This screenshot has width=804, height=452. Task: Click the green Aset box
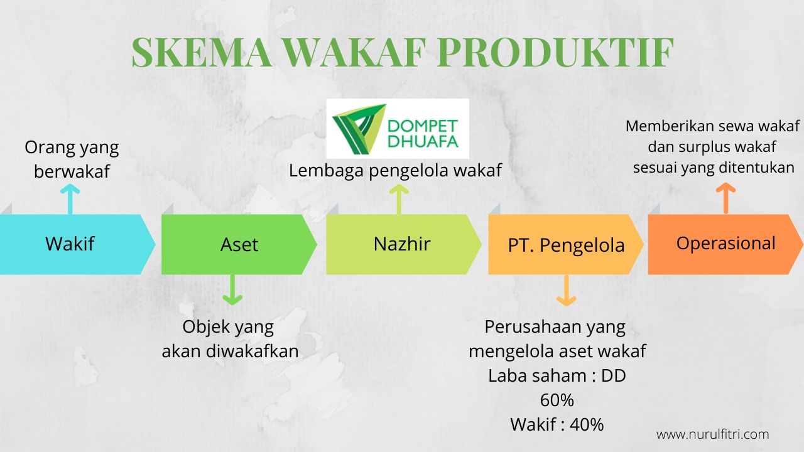tap(239, 244)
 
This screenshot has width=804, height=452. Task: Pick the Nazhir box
tap(402, 244)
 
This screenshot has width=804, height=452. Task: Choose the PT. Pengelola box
tap(565, 245)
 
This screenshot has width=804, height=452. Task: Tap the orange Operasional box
tap(725, 244)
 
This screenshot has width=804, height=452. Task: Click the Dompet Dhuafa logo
tap(397, 128)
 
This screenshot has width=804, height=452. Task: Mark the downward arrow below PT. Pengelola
tap(566, 291)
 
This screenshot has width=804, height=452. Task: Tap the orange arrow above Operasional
tap(725, 198)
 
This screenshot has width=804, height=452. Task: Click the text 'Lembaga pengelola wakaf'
tap(395, 170)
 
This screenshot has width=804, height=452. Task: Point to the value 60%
tap(557, 400)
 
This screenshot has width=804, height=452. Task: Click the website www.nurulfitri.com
tap(712, 434)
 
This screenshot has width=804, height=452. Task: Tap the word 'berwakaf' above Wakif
tap(72, 171)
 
